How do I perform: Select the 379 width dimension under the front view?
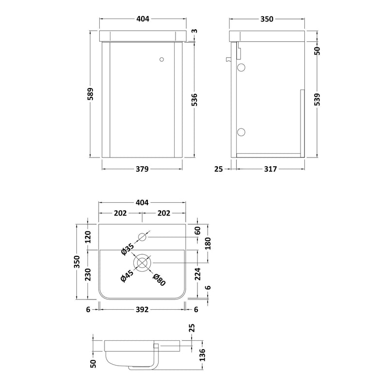pyautogui.click(x=142, y=169)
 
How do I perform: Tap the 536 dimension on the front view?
pyautogui.click(x=194, y=100)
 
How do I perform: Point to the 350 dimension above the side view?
pyautogui.click(x=266, y=19)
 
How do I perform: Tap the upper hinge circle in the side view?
pyautogui.click(x=242, y=68)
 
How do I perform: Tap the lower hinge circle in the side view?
pyautogui.click(x=242, y=131)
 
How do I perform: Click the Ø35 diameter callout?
pyautogui.click(x=127, y=249)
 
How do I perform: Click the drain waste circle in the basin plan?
pyautogui.click(x=142, y=263)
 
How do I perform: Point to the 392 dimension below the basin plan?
pyautogui.click(x=142, y=308)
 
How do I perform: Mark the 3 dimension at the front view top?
pyautogui.click(x=194, y=32)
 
